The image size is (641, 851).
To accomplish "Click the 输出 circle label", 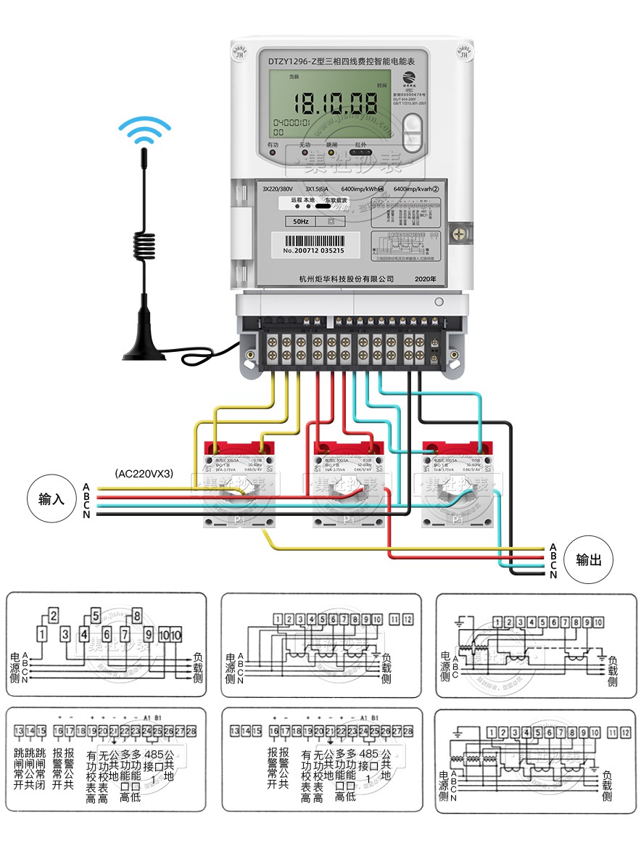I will pos(588,560).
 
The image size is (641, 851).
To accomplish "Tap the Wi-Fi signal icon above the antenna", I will pos(145,131).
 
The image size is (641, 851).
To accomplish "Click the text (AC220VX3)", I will pos(144,473).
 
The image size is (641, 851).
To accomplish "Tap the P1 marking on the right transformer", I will pos(457,519).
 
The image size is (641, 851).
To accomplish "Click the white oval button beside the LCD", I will pos(413,131).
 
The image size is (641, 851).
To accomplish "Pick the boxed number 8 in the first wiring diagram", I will pos(137,617).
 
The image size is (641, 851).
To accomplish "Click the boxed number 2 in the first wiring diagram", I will pos(53,615).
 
